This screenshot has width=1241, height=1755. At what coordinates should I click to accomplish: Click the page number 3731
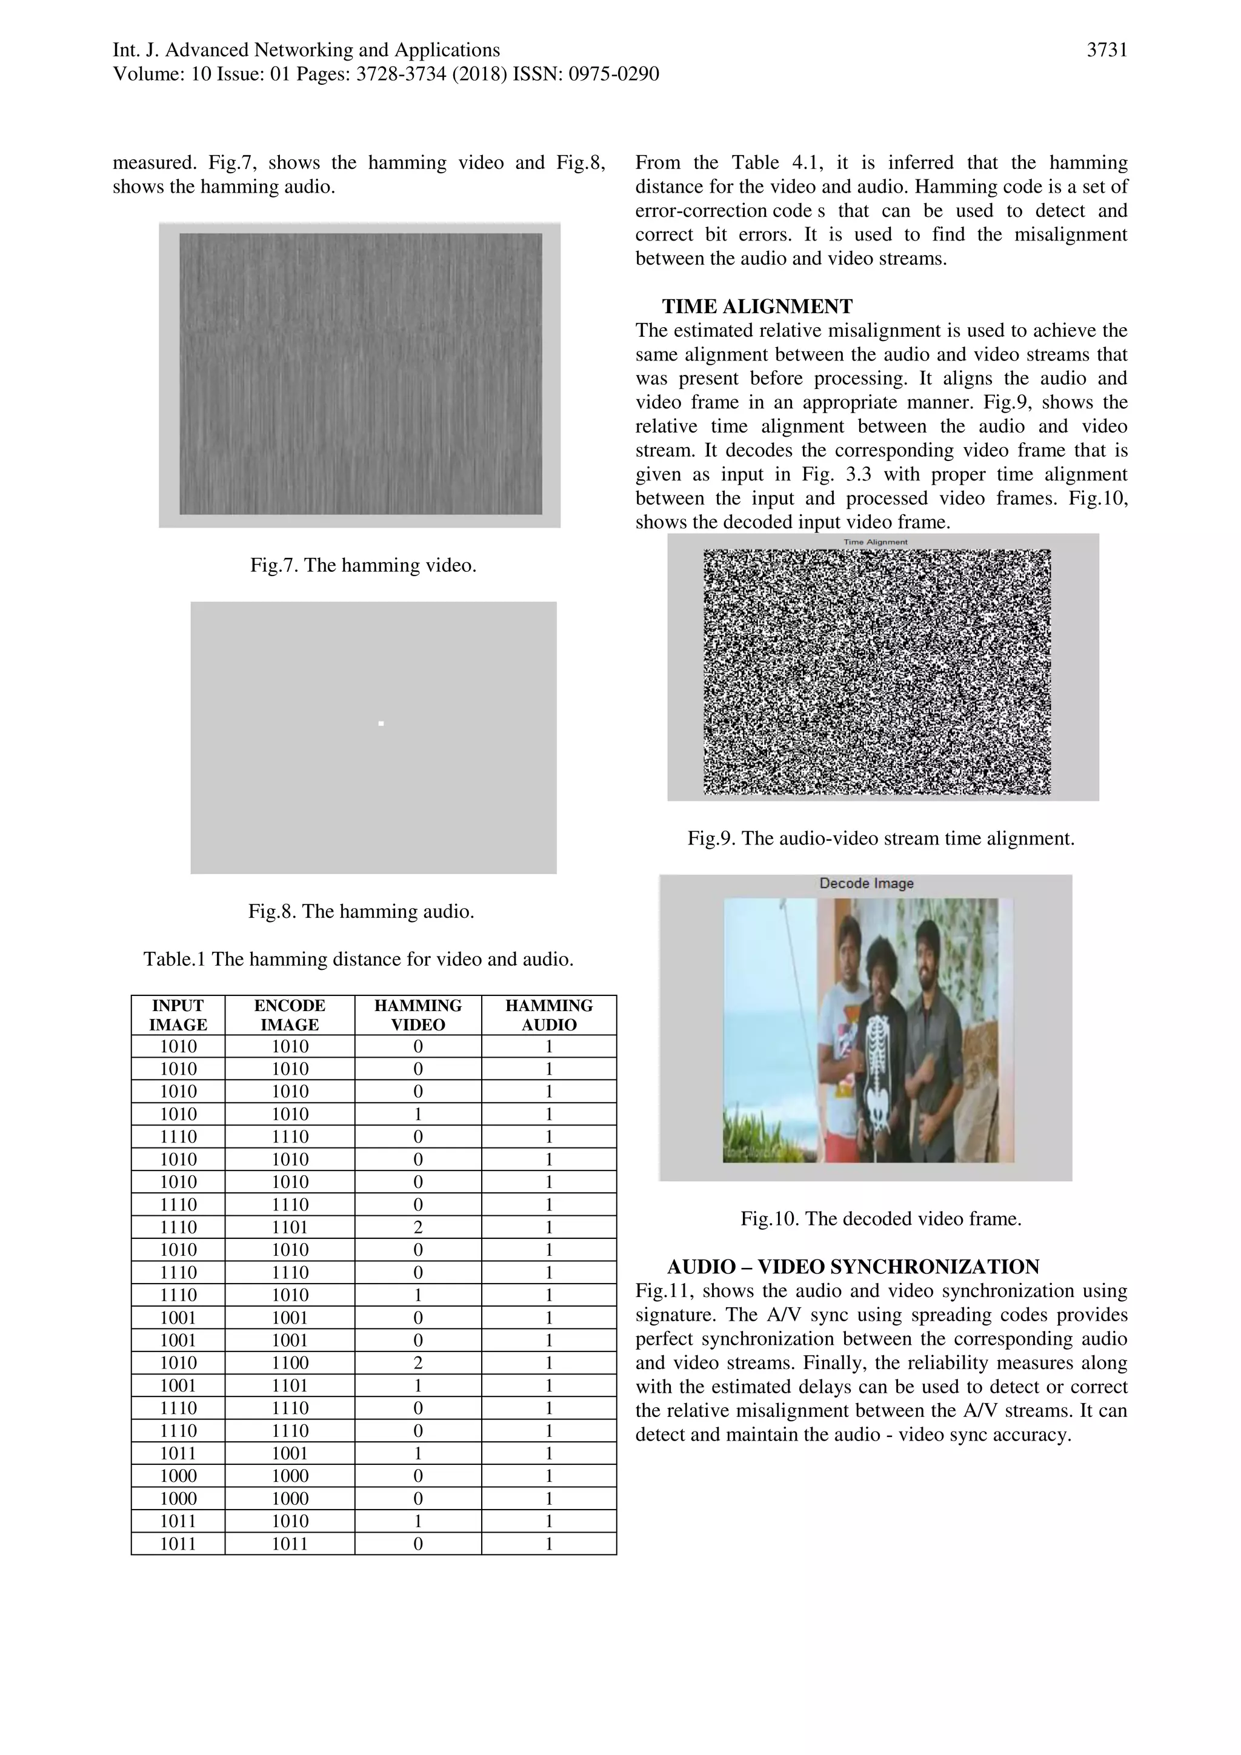(1106, 50)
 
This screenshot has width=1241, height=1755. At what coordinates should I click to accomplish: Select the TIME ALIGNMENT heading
(756, 307)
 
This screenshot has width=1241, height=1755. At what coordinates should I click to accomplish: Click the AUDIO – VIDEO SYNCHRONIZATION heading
(853, 1267)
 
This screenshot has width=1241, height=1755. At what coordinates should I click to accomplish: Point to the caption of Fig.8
(361, 911)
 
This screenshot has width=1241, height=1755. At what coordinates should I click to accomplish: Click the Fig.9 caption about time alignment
(881, 838)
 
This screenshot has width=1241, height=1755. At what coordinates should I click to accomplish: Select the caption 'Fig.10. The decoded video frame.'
(881, 1218)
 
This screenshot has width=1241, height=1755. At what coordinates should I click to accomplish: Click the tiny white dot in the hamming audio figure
(381, 723)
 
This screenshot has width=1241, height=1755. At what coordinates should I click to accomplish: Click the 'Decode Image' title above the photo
(867, 884)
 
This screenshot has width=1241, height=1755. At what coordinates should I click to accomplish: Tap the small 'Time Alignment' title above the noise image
(876, 542)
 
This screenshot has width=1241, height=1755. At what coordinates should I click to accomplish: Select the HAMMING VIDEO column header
(418, 1015)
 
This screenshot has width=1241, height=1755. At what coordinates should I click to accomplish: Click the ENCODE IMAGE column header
(290, 1015)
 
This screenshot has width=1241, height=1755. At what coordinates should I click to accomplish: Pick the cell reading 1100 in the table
(290, 1363)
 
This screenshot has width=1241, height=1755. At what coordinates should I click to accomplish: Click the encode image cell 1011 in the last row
(290, 1544)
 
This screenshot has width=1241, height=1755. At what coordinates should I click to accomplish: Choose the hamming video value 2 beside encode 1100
(418, 1363)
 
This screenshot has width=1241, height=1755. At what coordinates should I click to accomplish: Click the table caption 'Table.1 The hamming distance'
(359, 960)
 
